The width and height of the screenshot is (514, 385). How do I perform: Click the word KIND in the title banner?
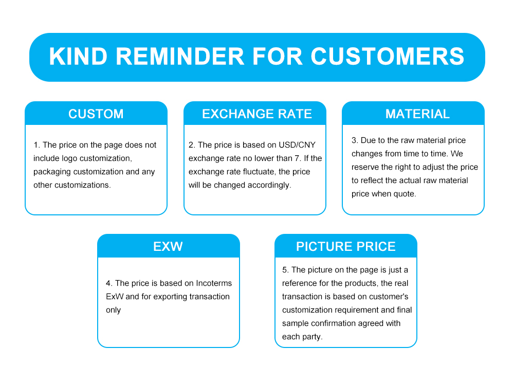pyautogui.click(x=78, y=57)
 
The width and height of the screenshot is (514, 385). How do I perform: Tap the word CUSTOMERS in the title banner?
pyautogui.click(x=387, y=57)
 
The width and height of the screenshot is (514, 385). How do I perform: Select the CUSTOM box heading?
pyautogui.click(x=96, y=114)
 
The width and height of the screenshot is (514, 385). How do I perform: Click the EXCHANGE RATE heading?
pyautogui.click(x=256, y=114)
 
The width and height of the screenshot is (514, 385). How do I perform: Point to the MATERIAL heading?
pyautogui.click(x=417, y=114)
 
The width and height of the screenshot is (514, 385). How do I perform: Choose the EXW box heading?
pyautogui.click(x=168, y=246)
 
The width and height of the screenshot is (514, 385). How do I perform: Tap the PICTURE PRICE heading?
pyautogui.click(x=346, y=246)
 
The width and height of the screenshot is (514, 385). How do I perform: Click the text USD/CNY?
pyautogui.click(x=297, y=145)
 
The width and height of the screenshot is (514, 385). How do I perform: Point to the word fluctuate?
pyautogui.click(x=259, y=172)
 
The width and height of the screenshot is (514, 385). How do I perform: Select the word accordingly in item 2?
pyautogui.click(x=268, y=186)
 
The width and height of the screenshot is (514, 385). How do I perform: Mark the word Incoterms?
pyautogui.click(x=214, y=283)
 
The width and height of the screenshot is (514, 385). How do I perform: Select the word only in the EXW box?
pyautogui.click(x=114, y=310)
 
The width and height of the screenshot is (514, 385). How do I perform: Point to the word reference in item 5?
pyautogui.click(x=298, y=283)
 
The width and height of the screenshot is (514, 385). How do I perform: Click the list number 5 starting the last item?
pyautogui.click(x=285, y=270)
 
